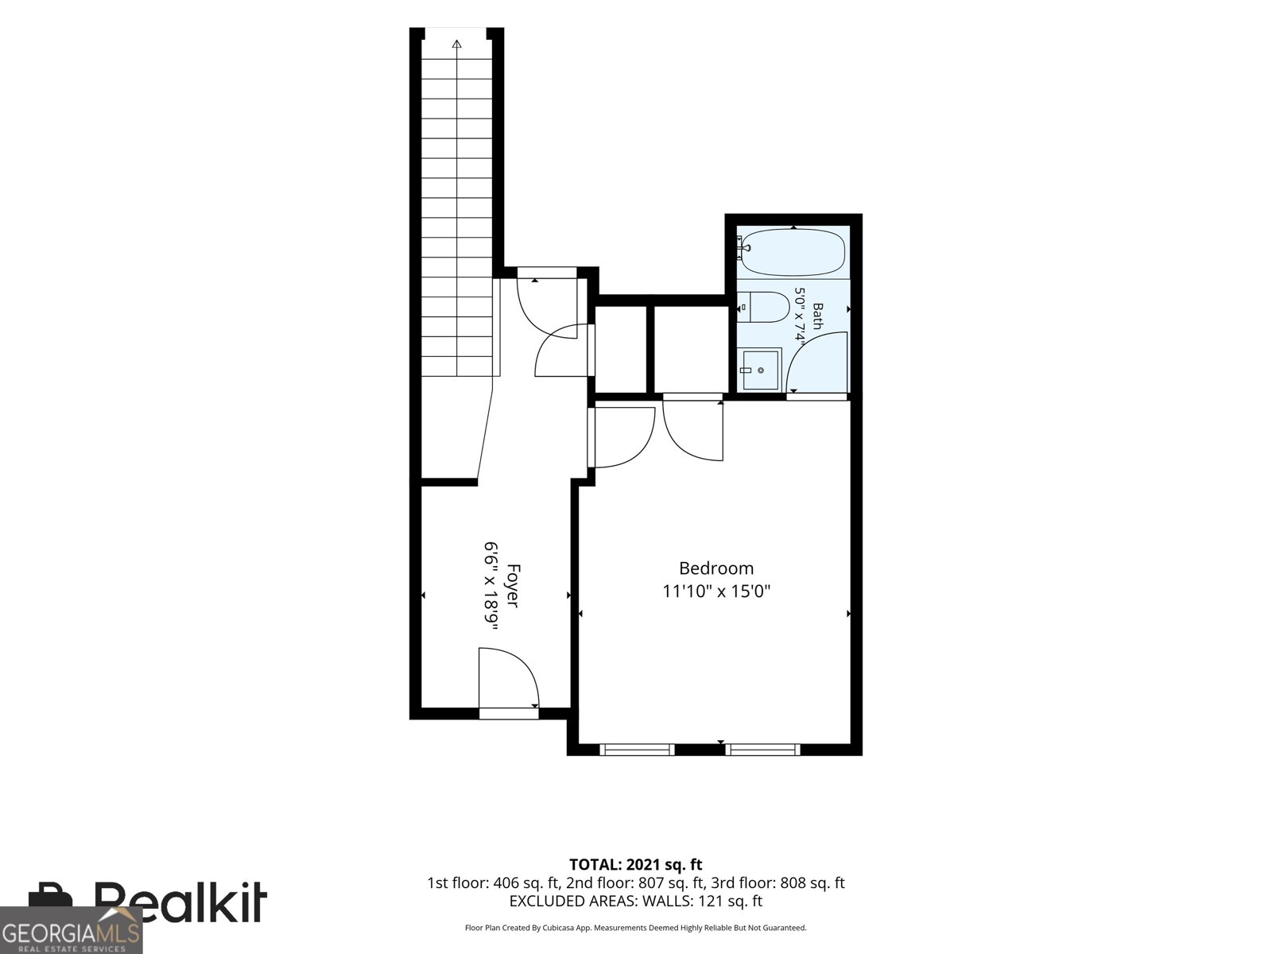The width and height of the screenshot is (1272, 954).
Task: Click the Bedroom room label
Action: click(x=716, y=568)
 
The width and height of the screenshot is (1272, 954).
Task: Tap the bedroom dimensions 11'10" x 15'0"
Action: click(x=716, y=591)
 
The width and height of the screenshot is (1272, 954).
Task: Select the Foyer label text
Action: click(x=513, y=586)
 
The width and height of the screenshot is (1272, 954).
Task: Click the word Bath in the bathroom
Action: click(x=818, y=316)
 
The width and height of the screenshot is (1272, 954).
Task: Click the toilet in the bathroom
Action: click(x=766, y=307)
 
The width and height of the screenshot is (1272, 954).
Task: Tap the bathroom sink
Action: click(x=762, y=369)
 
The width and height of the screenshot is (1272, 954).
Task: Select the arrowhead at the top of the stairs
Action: click(x=456, y=44)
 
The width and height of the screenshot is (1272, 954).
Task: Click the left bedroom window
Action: click(x=637, y=750)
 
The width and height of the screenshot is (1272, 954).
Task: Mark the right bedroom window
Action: click(x=762, y=750)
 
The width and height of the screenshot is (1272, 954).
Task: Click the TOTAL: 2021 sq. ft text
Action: click(x=636, y=864)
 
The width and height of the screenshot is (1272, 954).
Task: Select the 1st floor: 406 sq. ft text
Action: click(x=493, y=882)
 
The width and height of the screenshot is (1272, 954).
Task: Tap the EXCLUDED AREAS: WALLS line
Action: click(x=636, y=901)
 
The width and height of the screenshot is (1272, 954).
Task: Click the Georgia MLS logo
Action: click(x=71, y=930)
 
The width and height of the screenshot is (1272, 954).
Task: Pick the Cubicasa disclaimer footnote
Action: click(x=636, y=928)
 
